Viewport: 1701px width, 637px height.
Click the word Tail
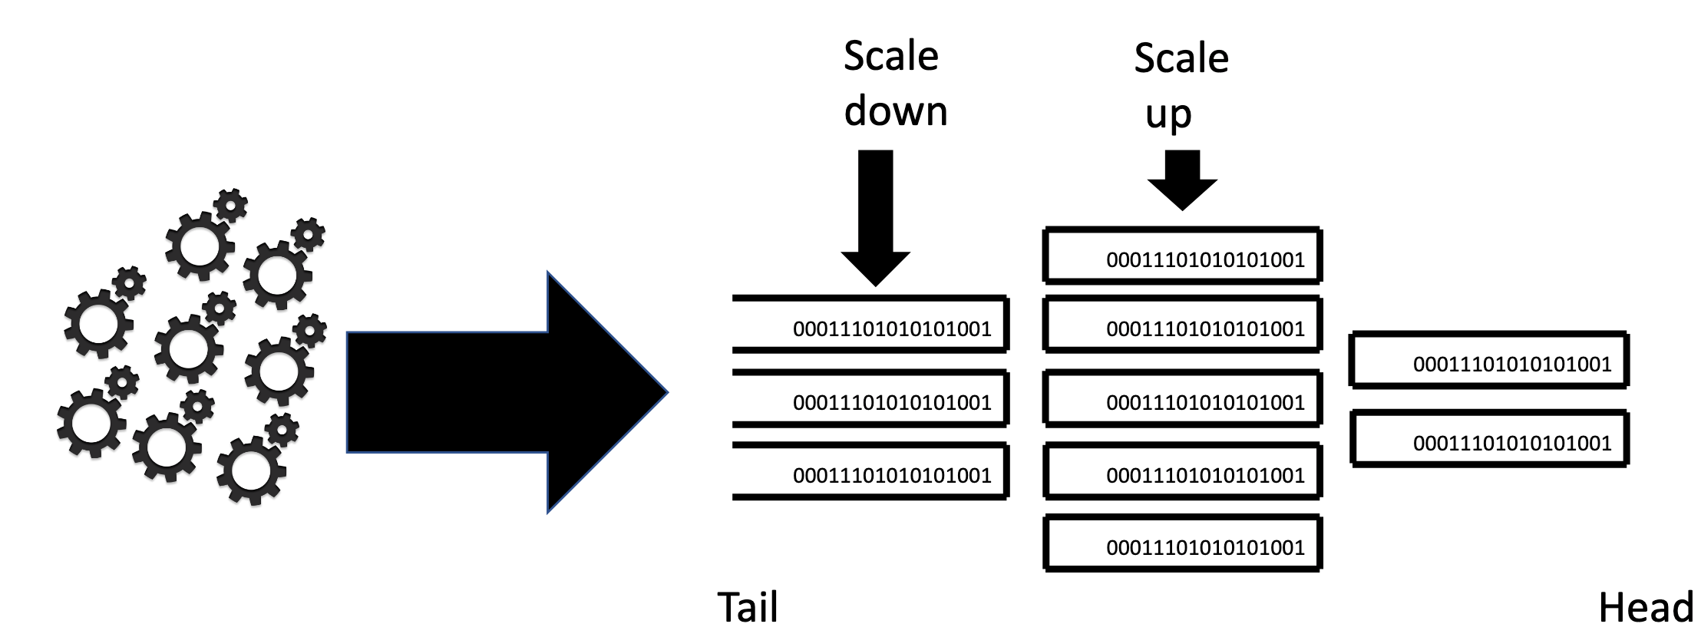coord(748,608)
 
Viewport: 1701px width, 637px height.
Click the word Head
coord(1645,608)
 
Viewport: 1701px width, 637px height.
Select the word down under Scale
coord(895,111)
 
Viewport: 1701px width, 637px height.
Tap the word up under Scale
coord(1168,115)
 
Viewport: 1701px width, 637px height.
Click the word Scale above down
coord(890,57)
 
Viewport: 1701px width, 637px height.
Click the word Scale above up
coord(1181,58)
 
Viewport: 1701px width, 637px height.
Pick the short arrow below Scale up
coord(1182,181)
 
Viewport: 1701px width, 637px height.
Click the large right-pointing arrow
coord(507,392)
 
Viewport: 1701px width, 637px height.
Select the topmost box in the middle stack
coord(1182,256)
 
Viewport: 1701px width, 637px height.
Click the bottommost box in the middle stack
coord(1182,543)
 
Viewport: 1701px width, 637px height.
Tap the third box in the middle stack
coord(1182,399)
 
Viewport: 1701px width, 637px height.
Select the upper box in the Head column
coord(1488,360)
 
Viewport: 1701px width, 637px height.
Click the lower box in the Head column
coord(1488,439)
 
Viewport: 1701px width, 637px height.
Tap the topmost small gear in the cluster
coord(230,205)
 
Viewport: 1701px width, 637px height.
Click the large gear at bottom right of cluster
coord(251,470)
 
